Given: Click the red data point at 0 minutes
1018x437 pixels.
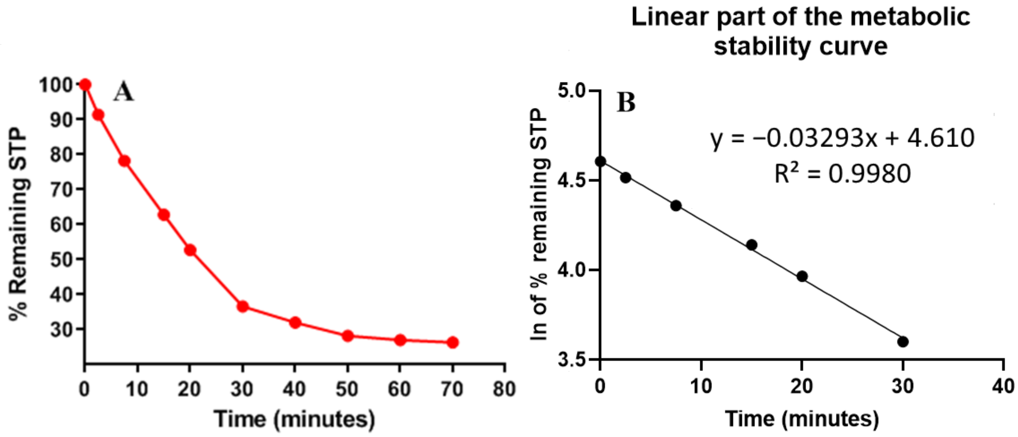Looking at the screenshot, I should point(85,85).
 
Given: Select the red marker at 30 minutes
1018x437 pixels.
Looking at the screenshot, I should point(243,306).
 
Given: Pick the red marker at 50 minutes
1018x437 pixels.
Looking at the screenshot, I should point(348,336).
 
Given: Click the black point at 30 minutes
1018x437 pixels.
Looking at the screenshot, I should point(903,341).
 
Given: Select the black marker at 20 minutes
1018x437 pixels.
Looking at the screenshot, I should point(802,276).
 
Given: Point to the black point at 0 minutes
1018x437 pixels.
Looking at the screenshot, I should point(600,161).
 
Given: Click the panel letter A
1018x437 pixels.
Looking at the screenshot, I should point(124,93).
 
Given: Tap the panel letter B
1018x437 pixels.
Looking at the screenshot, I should point(626,103).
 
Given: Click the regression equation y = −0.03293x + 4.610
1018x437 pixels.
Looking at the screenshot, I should point(842,138).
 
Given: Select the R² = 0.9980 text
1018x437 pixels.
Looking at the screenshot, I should point(842,174).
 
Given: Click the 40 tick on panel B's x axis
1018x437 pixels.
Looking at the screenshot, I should point(1003,386).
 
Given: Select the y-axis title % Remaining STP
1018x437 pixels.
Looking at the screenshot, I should point(19,223).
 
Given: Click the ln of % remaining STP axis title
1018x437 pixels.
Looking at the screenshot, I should point(539,224).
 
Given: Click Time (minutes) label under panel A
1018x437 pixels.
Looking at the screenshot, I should point(294,419).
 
